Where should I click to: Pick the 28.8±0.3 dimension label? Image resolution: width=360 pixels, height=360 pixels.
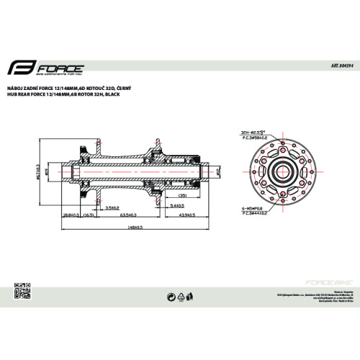[x=71, y=215]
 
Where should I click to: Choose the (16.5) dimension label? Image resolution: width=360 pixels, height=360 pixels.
[x=90, y=215]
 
